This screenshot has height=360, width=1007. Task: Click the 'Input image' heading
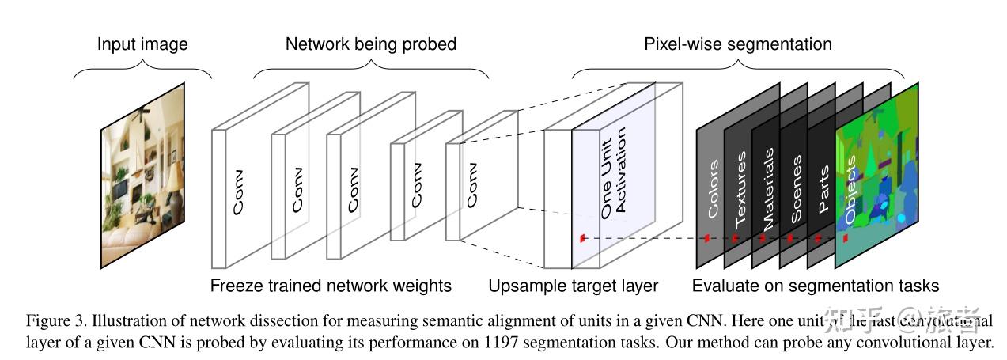[142, 44]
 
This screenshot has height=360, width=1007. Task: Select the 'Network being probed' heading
[370, 44]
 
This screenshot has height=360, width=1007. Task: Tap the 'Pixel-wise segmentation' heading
[737, 44]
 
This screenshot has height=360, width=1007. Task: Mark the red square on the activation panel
[582, 237]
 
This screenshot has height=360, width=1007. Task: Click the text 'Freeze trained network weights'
[331, 286]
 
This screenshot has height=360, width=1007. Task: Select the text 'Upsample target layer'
[573, 286]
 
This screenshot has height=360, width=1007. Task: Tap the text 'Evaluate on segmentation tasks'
[815, 286]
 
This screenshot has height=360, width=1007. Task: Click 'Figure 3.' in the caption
[55, 321]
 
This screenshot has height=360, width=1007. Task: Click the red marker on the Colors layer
[707, 237]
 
